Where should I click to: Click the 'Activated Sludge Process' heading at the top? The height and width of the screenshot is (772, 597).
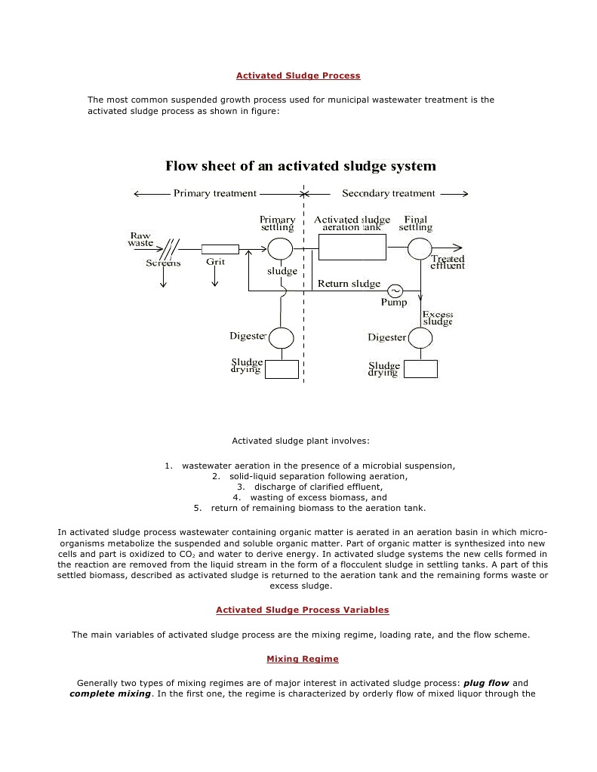[298, 75]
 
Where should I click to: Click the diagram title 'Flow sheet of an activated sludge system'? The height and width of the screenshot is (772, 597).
[300, 166]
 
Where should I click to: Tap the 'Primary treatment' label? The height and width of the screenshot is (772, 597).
[215, 193]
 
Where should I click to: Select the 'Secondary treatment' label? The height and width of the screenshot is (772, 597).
[389, 193]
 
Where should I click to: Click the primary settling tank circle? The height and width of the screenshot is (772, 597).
[280, 248]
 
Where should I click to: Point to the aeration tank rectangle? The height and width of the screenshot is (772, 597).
[352, 248]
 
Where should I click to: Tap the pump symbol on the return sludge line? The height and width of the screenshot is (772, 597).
[395, 291]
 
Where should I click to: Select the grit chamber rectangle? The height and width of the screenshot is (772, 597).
[220, 248]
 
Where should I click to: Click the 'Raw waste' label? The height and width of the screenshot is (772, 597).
[140, 238]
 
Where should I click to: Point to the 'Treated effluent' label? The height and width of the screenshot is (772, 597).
[448, 262]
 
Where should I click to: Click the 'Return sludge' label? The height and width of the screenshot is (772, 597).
[349, 284]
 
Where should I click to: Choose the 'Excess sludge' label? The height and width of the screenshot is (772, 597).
[437, 318]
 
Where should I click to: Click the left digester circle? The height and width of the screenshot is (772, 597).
[282, 337]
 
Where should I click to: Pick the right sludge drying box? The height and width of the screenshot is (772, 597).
[420, 369]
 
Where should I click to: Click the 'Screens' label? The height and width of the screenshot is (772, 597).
[163, 263]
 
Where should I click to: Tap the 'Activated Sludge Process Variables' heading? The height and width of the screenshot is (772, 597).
[303, 610]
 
